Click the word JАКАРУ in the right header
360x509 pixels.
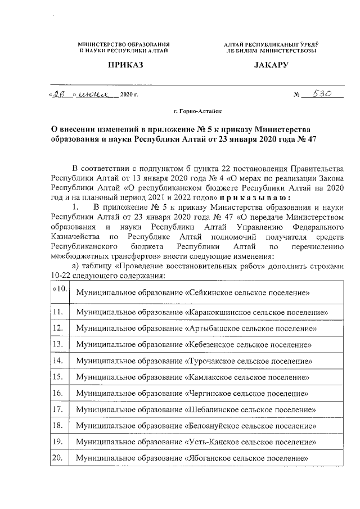270,66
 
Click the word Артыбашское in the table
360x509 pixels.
211,328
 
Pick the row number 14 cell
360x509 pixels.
57,360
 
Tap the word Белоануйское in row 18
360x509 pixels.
213,426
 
